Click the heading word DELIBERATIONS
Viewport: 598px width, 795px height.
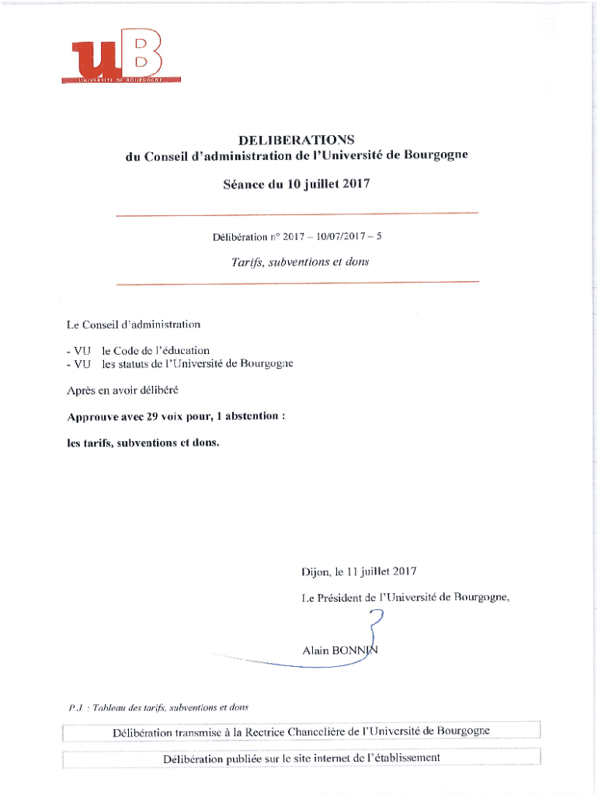tap(297, 140)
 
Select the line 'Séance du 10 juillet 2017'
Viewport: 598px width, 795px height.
tap(297, 184)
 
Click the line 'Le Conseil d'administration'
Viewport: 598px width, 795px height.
tap(134, 324)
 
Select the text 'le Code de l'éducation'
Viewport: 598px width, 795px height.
tap(156, 350)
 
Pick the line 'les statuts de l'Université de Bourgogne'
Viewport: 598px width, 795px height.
tap(197, 363)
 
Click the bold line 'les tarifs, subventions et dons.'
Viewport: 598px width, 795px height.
tap(144, 443)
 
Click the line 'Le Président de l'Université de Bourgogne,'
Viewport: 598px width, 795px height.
tap(405, 598)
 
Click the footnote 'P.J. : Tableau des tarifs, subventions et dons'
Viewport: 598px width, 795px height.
tap(158, 707)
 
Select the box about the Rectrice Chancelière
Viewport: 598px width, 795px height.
tap(301, 731)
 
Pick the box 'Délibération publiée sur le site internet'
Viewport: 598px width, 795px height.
tap(301, 758)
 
